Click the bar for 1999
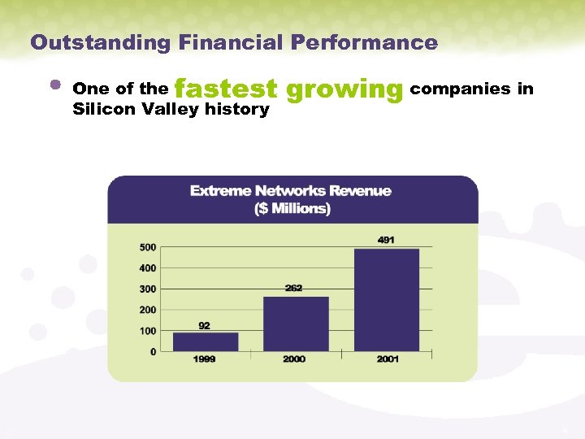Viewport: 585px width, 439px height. tap(206, 341)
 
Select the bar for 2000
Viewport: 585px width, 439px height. tap(296, 324)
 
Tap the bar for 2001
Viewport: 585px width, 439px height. tap(387, 300)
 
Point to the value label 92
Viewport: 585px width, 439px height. tap(204, 325)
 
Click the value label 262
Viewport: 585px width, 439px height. tap(294, 289)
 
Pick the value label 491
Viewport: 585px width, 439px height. tap(387, 240)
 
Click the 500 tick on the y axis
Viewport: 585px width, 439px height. tap(148, 247)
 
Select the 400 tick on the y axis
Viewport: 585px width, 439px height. tap(148, 268)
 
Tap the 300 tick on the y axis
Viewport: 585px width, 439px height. tap(148, 289)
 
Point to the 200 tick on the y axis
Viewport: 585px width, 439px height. tap(148, 310)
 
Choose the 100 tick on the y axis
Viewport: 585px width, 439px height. tap(148, 331)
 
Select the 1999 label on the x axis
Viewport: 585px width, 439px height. tap(205, 359)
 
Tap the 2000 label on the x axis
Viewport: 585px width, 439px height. tap(294, 359)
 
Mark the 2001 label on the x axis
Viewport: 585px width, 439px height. tap(388, 359)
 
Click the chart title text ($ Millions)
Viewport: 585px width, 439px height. tap(292, 209)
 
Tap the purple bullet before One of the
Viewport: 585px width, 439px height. tap(55, 84)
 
